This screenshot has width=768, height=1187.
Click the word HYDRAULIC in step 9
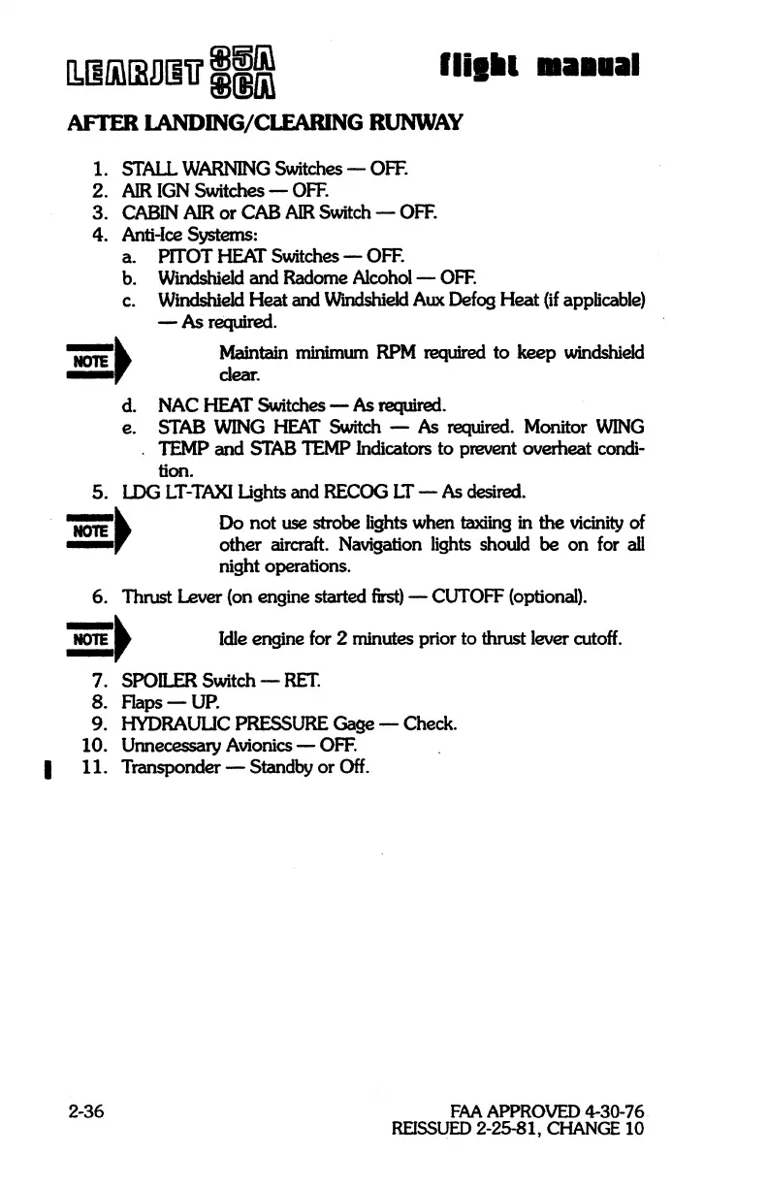181,722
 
